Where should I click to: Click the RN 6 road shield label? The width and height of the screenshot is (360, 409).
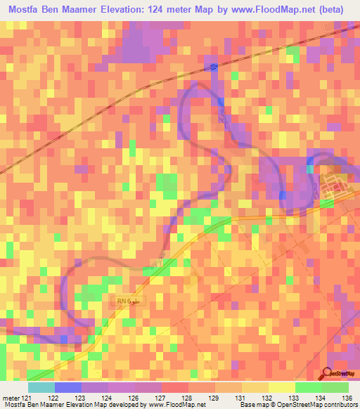128,301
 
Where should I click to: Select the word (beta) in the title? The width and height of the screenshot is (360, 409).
338,10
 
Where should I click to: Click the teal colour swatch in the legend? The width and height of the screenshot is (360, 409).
41,388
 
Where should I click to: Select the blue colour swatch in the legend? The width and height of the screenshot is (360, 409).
68,388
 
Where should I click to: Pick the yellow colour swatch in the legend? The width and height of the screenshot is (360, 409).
282,388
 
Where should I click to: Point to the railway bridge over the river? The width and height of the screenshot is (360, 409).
213,66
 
